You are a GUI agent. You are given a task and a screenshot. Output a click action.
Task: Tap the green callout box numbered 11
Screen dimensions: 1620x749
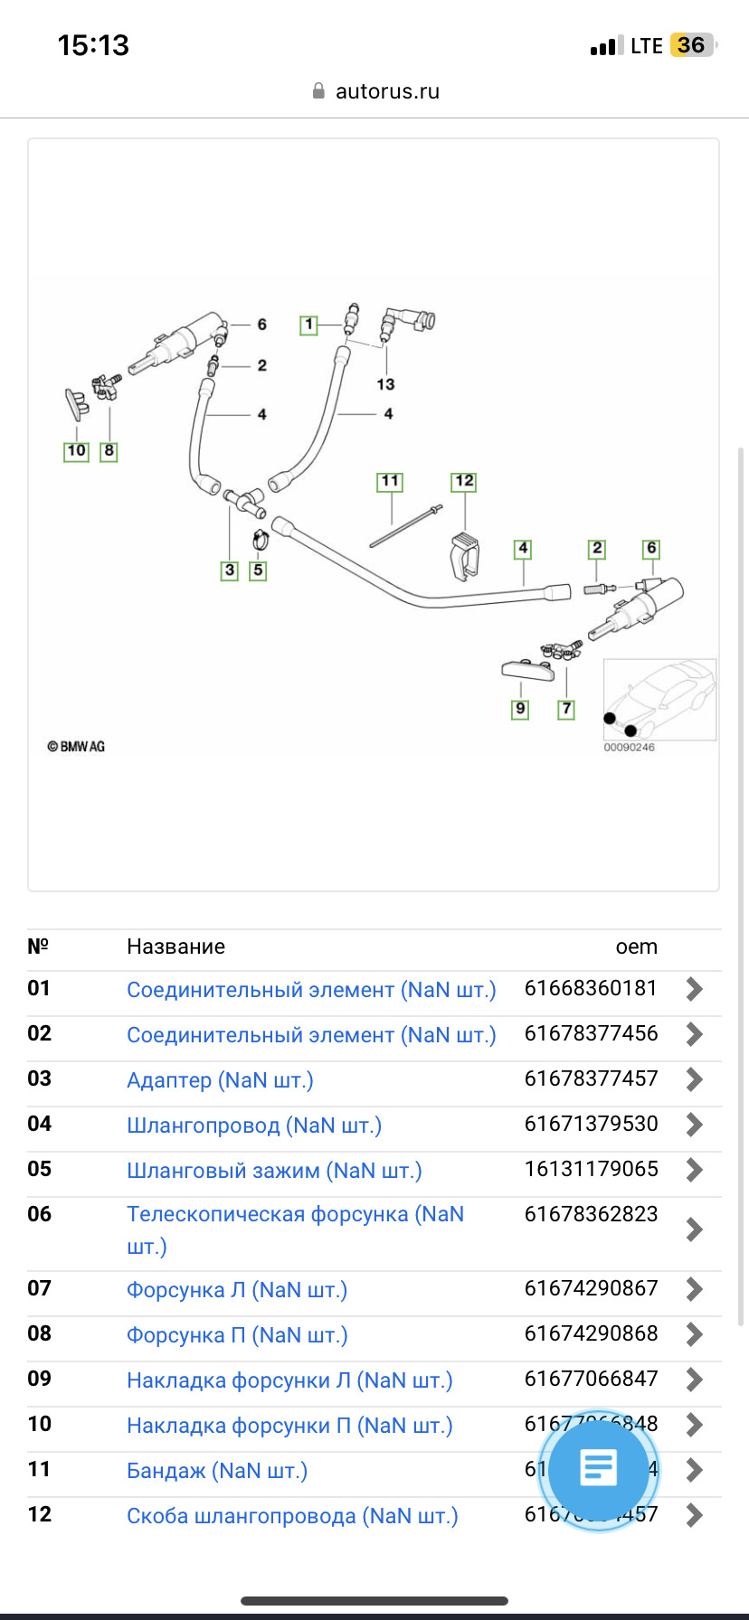point(390,481)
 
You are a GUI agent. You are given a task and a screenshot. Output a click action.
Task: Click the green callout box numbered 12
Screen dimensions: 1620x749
point(464,481)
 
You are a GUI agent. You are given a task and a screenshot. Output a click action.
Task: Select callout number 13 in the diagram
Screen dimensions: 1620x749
point(386,384)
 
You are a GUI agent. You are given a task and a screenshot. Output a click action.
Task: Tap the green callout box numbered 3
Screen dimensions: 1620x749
point(230,570)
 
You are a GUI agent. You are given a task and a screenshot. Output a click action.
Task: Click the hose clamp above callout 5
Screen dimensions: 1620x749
point(259,540)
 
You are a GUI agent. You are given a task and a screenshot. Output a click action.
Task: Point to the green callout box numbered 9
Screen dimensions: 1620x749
point(520,709)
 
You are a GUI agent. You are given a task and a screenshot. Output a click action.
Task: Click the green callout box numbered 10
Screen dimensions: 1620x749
point(76,450)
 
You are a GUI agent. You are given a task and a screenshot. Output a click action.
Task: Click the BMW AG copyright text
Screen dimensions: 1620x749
point(76,747)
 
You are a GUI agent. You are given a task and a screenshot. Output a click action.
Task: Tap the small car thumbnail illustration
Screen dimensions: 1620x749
point(659,699)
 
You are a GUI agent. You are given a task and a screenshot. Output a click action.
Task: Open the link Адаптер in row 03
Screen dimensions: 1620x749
point(220,1080)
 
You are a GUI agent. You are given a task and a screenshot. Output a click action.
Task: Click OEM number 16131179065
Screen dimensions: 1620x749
point(591,1169)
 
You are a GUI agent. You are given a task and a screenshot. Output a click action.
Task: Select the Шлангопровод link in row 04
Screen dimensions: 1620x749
point(253,1126)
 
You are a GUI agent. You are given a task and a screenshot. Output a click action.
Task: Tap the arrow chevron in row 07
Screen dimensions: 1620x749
point(694,1289)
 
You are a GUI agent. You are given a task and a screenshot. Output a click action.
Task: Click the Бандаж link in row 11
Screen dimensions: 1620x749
point(216,1471)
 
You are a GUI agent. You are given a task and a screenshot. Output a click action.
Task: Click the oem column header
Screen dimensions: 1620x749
point(636,947)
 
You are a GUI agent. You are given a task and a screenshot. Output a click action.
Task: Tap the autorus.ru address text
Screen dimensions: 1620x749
point(387,91)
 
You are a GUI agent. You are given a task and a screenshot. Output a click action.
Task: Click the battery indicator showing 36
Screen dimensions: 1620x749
point(691,45)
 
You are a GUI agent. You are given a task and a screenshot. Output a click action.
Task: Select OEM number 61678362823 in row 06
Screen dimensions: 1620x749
point(591,1214)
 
